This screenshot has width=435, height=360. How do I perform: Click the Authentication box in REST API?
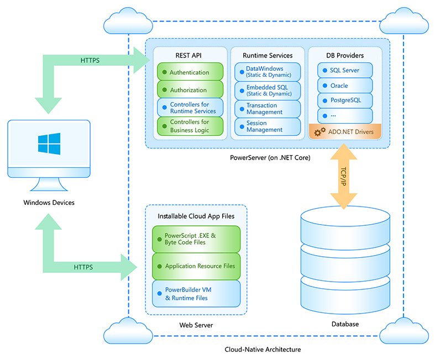pyautogui.click(x=190, y=72)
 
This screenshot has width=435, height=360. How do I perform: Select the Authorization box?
pyautogui.click(x=190, y=90)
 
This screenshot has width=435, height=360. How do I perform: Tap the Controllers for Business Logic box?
pyautogui.click(x=190, y=126)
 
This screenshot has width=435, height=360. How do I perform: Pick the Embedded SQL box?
pyautogui.click(x=268, y=91)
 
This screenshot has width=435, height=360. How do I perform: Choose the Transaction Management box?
pyautogui.click(x=268, y=109)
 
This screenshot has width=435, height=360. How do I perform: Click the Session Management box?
pyautogui.click(x=268, y=126)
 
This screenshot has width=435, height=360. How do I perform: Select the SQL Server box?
pyautogui.click(x=345, y=70)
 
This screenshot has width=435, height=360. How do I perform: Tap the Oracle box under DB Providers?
pyautogui.click(x=345, y=86)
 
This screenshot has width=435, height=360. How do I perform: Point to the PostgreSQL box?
pyautogui.click(x=345, y=100)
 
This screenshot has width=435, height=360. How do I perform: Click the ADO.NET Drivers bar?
pyautogui.click(x=345, y=132)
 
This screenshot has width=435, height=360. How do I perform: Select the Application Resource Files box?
pyautogui.click(x=196, y=266)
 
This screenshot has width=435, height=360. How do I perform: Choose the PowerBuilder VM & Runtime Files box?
pyautogui.click(x=196, y=294)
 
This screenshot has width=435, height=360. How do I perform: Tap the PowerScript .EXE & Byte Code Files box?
pyautogui.click(x=196, y=239)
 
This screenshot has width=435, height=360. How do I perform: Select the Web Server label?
pyautogui.click(x=196, y=325)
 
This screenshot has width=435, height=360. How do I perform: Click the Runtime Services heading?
pyautogui.click(x=268, y=55)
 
